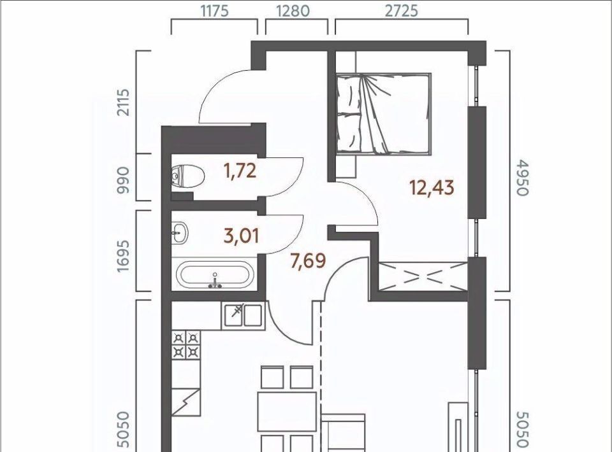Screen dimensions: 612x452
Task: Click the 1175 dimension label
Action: point(214,11)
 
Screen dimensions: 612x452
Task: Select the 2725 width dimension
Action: point(402,11)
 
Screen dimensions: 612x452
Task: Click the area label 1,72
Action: point(240,171)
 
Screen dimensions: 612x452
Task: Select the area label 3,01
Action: point(241,236)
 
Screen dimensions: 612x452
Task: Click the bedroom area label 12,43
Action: point(432,188)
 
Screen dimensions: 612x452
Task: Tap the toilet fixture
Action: point(187,176)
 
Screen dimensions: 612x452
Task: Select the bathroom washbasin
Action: point(180,233)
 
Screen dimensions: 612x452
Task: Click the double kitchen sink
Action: point(242,315)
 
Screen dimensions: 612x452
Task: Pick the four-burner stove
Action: point(186,345)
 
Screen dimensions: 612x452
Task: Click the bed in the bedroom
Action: point(384,114)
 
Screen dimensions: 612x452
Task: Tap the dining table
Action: point(287,411)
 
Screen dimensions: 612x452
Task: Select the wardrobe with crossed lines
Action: point(423,276)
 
